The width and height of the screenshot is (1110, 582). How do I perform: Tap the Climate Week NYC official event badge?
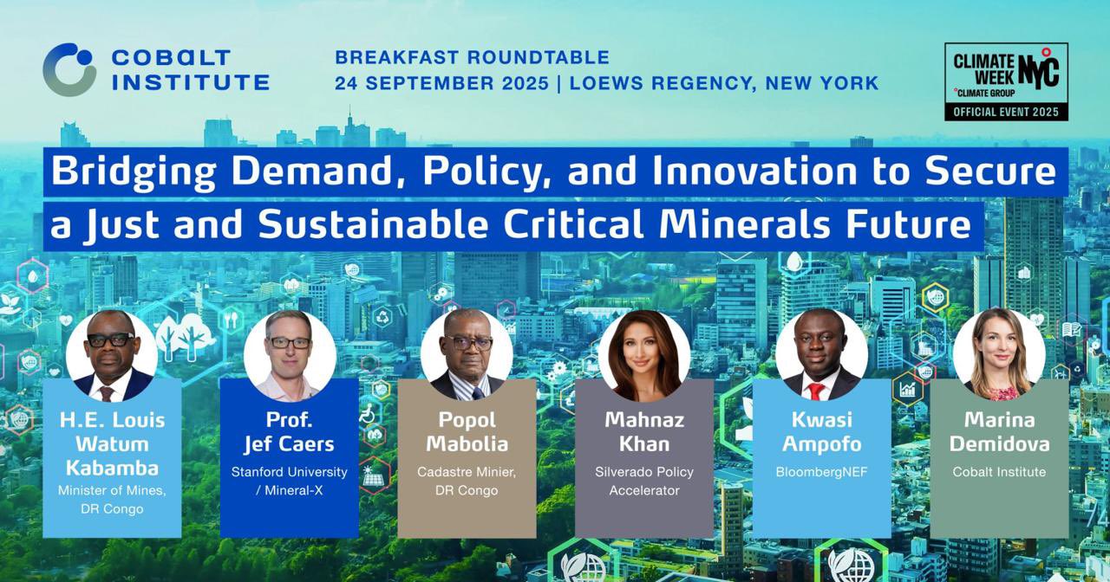pos(1006,81)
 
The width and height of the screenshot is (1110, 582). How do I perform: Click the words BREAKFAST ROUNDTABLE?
pos(473,57)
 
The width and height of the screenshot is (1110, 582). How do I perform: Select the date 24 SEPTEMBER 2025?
pos(441,83)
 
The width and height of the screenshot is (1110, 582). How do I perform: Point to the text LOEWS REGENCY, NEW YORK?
pos(724,83)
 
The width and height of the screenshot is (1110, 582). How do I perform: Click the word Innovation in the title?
pos(754,171)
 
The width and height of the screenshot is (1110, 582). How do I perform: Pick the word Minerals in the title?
pos(745,224)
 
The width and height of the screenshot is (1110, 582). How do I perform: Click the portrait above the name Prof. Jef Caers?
pos(290,355)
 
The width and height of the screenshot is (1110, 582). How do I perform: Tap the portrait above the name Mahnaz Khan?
pos(644,355)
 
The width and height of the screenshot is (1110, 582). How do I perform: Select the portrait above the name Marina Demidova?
pos(999,354)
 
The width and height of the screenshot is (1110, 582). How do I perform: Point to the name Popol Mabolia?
pos(467,432)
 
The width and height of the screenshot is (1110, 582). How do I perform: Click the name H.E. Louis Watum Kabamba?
pos(112,444)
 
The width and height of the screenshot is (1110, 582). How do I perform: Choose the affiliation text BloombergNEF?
pos(821,472)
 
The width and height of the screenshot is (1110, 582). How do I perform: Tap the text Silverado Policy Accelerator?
pos(644,481)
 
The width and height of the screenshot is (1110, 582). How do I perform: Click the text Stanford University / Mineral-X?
pos(290,481)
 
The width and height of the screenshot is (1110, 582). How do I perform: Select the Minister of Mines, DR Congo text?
pos(112,500)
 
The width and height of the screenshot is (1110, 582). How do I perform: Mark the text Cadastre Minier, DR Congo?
pos(467,481)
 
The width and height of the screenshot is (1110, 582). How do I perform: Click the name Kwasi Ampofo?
pos(821,432)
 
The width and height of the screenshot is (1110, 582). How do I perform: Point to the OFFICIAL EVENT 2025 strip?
pos(1006,113)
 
